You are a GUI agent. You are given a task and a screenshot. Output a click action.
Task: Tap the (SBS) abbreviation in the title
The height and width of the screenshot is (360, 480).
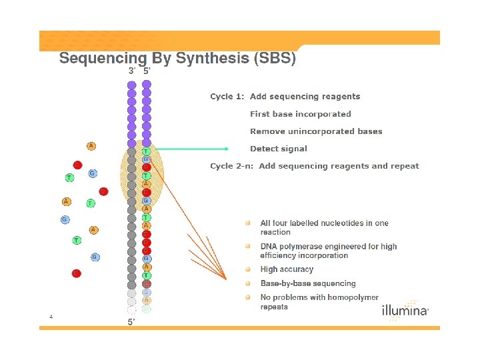[x=274, y=59]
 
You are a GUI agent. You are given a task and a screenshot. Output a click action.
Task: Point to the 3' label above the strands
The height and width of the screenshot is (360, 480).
[x=132, y=71]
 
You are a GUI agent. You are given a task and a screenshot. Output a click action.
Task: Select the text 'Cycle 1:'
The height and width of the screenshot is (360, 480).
[x=227, y=97]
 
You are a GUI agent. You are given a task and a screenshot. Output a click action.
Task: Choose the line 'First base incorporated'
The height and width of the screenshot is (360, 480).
[x=300, y=114]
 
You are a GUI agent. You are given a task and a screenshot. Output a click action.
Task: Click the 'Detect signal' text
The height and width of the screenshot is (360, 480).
[x=278, y=149]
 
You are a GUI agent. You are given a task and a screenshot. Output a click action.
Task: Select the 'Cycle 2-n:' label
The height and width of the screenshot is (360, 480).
[x=232, y=166]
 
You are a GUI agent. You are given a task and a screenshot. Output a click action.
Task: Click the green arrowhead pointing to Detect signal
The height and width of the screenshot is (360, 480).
[x=225, y=149]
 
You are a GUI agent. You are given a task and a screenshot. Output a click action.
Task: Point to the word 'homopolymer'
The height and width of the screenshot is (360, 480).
[x=347, y=297]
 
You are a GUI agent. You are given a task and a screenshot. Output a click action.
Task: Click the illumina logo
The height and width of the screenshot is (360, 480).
[x=405, y=311]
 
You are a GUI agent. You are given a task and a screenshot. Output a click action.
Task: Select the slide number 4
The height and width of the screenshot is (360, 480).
[x=51, y=316]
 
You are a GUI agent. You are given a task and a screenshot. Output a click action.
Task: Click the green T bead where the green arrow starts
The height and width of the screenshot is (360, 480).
[x=146, y=151]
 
